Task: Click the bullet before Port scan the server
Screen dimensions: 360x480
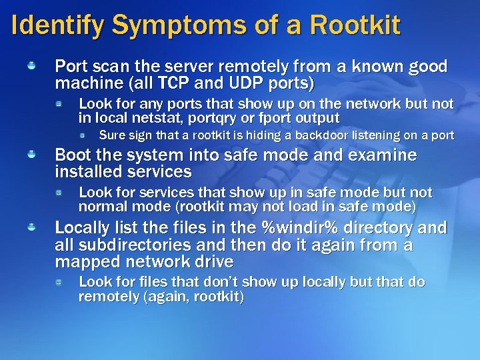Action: click(31, 67)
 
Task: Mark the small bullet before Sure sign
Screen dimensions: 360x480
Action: click(83, 135)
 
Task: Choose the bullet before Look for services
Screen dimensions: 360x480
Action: click(59, 192)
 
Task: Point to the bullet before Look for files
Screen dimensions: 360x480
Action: click(59, 282)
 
